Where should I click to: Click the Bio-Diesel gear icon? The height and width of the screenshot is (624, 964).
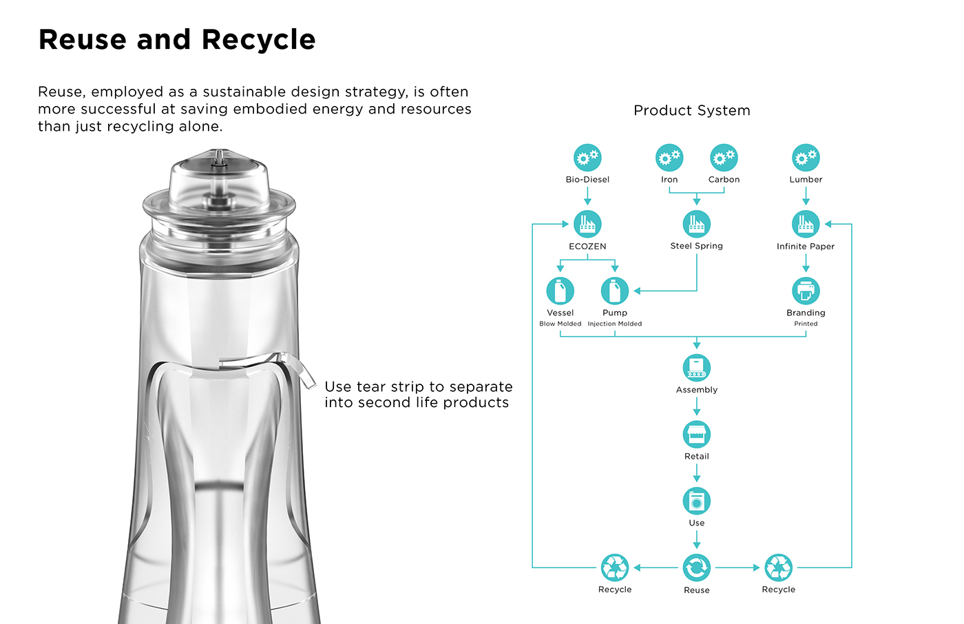[x=587, y=158]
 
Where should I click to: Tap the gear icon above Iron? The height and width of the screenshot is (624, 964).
[x=669, y=158]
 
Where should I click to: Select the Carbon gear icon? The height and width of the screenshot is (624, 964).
[x=724, y=158]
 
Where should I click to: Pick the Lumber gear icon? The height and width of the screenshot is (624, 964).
[x=806, y=158]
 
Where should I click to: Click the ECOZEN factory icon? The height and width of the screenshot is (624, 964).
[x=587, y=224]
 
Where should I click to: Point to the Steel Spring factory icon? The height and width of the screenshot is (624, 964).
[x=697, y=224]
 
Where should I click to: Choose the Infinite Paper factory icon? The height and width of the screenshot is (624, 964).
[x=806, y=224]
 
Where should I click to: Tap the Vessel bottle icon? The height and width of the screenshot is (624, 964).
[x=560, y=291]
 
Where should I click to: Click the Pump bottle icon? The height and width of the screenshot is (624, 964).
[x=615, y=291]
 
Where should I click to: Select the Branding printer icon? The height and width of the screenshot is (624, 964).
[x=806, y=291]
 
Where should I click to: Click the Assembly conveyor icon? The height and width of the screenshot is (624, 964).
[x=697, y=368]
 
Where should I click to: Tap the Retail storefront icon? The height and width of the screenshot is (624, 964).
[x=697, y=435]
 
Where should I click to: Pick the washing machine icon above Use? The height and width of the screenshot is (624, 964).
[x=697, y=501]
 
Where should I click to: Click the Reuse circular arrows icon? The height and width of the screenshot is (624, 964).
[x=697, y=568]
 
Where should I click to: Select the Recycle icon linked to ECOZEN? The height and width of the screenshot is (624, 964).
[x=615, y=568]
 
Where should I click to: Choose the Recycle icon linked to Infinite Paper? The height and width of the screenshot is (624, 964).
[x=779, y=568]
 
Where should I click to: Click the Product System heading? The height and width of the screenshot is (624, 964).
[x=691, y=110]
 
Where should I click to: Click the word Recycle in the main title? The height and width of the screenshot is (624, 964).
[x=258, y=39]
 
